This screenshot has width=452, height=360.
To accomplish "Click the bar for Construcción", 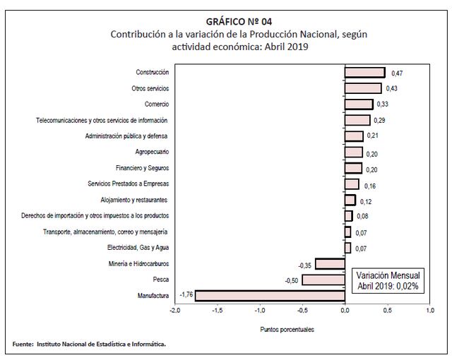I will click(364, 73).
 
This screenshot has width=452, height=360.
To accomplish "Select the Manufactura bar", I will click(270, 295).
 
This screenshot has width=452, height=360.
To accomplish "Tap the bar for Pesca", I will click(323, 280).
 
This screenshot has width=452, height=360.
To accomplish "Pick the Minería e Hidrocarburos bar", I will click(329, 264).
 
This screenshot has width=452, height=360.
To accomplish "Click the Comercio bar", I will click(359, 104).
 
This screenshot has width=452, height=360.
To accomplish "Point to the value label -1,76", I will click(186, 294).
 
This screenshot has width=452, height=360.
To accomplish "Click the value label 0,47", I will click(396, 73).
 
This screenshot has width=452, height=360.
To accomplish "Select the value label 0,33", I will click(383, 104).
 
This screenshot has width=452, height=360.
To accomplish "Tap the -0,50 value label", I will click(291, 280).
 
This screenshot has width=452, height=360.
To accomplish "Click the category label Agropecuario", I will click(152, 152).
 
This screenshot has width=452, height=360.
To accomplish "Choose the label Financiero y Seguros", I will click(142, 168).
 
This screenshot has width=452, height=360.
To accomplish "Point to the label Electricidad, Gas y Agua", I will click(138, 248).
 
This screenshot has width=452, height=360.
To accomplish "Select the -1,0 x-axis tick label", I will click(260, 310).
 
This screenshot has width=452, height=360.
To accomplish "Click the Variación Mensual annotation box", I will click(387, 280).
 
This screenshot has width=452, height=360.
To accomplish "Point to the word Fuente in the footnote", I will click(23, 344).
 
